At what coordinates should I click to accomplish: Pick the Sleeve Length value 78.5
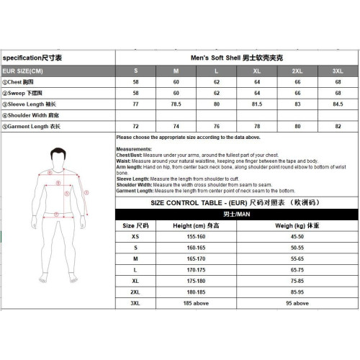tap(176, 104)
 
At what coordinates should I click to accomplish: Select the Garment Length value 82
tap(337, 126)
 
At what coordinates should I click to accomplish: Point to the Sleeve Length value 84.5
tap(337, 104)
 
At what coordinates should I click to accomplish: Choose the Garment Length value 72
tap(136, 126)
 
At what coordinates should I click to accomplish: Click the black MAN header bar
tap(235, 215)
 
